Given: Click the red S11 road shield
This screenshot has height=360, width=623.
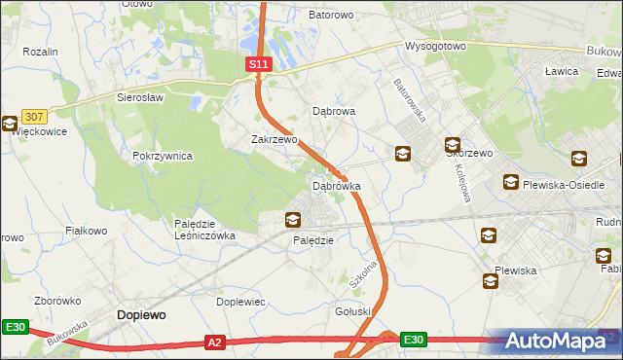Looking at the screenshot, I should [257, 64].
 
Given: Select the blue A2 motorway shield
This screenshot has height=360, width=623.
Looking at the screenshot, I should [216, 342].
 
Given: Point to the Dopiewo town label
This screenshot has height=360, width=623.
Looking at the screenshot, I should [141, 315].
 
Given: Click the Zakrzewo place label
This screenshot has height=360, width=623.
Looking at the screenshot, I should [274, 139].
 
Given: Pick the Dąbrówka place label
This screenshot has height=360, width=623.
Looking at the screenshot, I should [336, 185].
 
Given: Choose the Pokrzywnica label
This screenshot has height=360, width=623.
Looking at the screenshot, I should [163, 156].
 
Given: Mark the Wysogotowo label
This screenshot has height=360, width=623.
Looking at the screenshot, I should [436, 46].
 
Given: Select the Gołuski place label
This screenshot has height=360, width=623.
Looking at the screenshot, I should [353, 311].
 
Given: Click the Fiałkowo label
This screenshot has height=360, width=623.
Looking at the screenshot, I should [86, 231].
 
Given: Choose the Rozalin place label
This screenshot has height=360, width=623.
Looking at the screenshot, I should [41, 52].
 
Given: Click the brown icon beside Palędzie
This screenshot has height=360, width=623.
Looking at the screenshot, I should [293, 219].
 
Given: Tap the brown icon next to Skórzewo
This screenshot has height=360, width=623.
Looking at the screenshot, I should [453, 144].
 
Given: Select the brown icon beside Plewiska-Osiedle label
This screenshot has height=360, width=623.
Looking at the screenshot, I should [511, 181].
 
